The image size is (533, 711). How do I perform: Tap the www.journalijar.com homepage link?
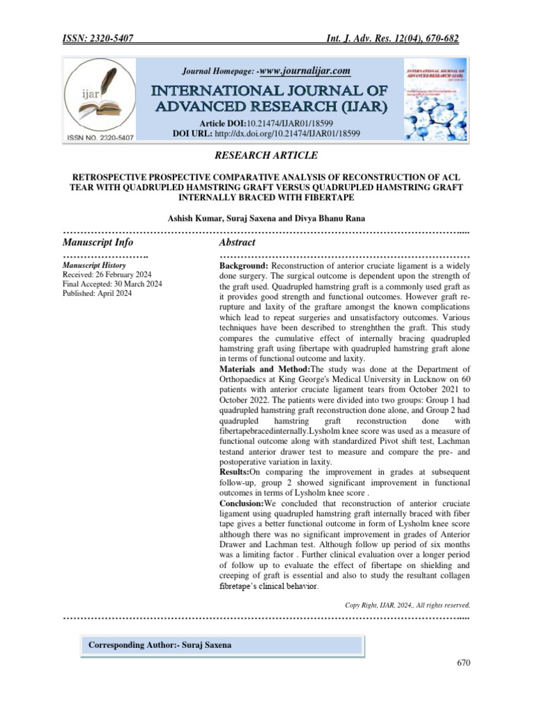(304, 71)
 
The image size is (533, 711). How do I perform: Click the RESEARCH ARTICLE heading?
(266, 155)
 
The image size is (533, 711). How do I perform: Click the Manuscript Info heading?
(98, 242)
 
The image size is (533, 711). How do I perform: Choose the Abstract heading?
(237, 242)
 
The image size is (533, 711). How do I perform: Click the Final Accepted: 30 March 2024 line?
(112, 284)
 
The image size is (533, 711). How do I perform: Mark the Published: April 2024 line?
(97, 294)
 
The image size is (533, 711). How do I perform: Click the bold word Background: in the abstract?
(244, 266)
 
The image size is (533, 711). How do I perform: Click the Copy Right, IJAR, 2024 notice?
(408, 605)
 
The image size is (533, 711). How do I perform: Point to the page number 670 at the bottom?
(464, 663)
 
